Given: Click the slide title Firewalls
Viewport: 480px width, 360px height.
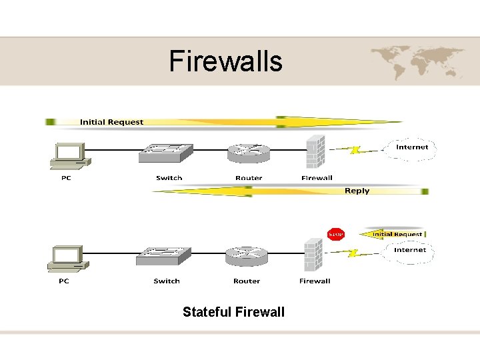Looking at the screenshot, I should pyautogui.click(x=225, y=61).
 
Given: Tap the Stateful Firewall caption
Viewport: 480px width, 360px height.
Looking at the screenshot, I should pyautogui.click(x=233, y=311).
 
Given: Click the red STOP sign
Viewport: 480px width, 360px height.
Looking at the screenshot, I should pyautogui.click(x=336, y=234).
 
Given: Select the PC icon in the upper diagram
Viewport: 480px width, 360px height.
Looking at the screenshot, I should pyautogui.click(x=69, y=156).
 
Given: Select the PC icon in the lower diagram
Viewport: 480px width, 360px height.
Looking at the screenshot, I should pyautogui.click(x=68, y=259).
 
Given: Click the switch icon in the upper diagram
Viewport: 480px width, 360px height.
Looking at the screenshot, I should pyautogui.click(x=165, y=154).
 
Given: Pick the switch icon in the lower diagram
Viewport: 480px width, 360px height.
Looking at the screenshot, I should pyautogui.click(x=164, y=257).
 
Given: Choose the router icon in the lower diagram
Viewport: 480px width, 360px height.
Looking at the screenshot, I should pyautogui.click(x=246, y=257).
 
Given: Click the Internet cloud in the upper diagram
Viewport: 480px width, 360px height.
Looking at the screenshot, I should pyautogui.click(x=412, y=147).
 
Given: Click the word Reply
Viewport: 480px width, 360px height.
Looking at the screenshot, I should pyautogui.click(x=357, y=191).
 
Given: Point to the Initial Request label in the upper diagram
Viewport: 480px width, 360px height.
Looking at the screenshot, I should pyautogui.click(x=111, y=122).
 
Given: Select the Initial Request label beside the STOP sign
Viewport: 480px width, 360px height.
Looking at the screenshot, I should pyautogui.click(x=397, y=234).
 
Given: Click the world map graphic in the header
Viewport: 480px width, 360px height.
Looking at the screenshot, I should pyautogui.click(x=417, y=61).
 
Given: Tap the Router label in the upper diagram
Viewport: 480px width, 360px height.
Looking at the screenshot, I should pyautogui.click(x=249, y=178).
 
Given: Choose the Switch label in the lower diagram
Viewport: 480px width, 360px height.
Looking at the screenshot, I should pyautogui.click(x=167, y=281).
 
